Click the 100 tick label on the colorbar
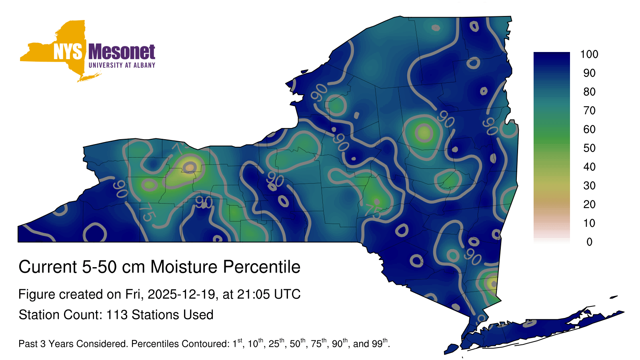pos(589,54)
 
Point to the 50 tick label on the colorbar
pos(590,148)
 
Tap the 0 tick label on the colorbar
pos(590,242)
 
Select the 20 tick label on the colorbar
pos(590,204)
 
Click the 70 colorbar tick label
pos(590,110)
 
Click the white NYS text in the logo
pos(68,52)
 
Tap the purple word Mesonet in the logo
pos(122,52)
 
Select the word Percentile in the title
pos(262,267)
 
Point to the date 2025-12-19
pos(182,294)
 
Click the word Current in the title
pos(48,267)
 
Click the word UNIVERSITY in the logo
pos(106,65)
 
